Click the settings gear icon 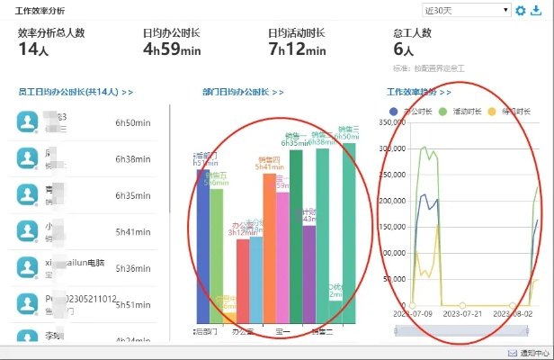coord(521,11)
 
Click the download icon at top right coord(537,11)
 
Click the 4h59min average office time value coord(172,50)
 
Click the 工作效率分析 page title coord(40,10)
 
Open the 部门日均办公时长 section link coord(244,92)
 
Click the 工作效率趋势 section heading coord(419,92)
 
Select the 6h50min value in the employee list coord(132,122)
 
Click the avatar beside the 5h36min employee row coord(29,267)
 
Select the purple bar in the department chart coord(308,279)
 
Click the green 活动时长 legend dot coord(443,111)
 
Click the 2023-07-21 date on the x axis coord(460,314)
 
